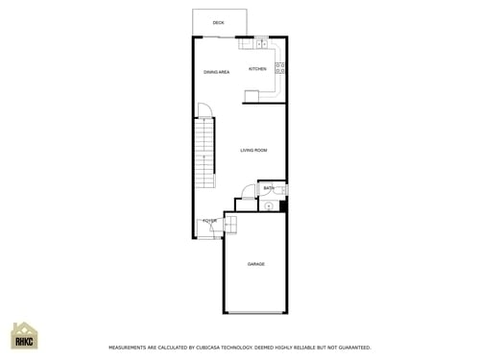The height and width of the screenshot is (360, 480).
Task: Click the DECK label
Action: point(219,22)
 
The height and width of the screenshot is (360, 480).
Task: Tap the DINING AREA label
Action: point(216,72)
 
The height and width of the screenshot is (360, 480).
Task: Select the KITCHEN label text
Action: point(257,69)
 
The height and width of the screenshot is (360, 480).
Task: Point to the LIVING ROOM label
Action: point(253,150)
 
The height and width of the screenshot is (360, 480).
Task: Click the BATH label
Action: point(269,188)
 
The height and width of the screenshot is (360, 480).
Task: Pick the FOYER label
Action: point(209,221)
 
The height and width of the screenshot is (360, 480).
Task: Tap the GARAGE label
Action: point(255,264)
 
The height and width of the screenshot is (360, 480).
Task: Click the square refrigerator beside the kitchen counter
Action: point(252,95)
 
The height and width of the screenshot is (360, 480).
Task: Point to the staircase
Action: point(204,158)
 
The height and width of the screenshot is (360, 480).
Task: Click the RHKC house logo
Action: point(24,337)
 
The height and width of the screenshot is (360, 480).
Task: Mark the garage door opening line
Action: point(255,313)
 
